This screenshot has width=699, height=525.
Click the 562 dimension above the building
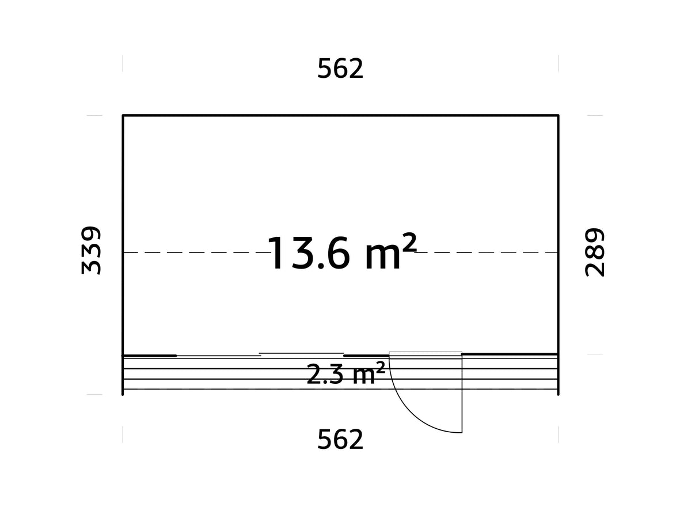(340, 69)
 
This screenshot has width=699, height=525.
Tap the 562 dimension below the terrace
(340, 440)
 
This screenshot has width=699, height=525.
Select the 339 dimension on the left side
(92, 251)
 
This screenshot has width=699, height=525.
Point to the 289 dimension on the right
(595, 252)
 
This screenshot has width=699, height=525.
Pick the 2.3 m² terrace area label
(345, 375)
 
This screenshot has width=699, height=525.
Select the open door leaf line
(462, 395)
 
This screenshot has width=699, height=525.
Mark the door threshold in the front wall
(426, 355)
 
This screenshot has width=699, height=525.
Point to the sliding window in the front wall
(301, 354)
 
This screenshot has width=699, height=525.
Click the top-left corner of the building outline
(123, 116)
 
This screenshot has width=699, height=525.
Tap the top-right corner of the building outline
(558, 116)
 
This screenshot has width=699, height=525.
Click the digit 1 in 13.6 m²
(278, 254)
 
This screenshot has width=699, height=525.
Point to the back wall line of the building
(340, 116)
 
